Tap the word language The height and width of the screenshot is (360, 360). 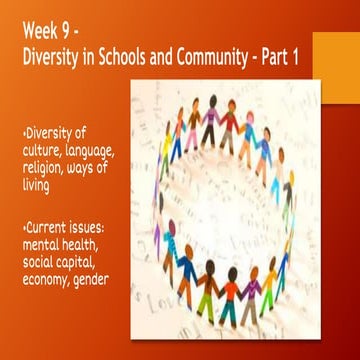[104, 149]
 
